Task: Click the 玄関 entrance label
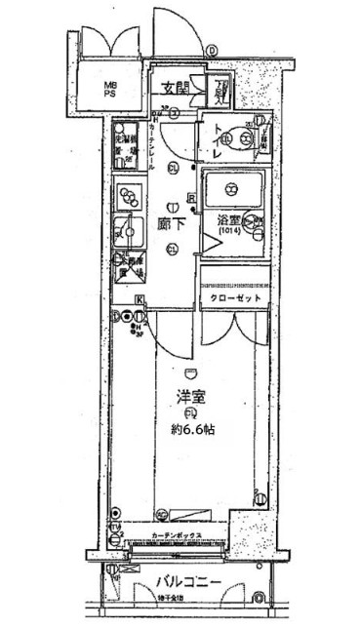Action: tap(175, 89)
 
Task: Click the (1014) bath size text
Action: tap(230, 232)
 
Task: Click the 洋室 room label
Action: tap(190, 398)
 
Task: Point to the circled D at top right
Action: tap(212, 52)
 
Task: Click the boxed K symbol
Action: tap(140, 298)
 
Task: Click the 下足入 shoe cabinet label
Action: tap(222, 94)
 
